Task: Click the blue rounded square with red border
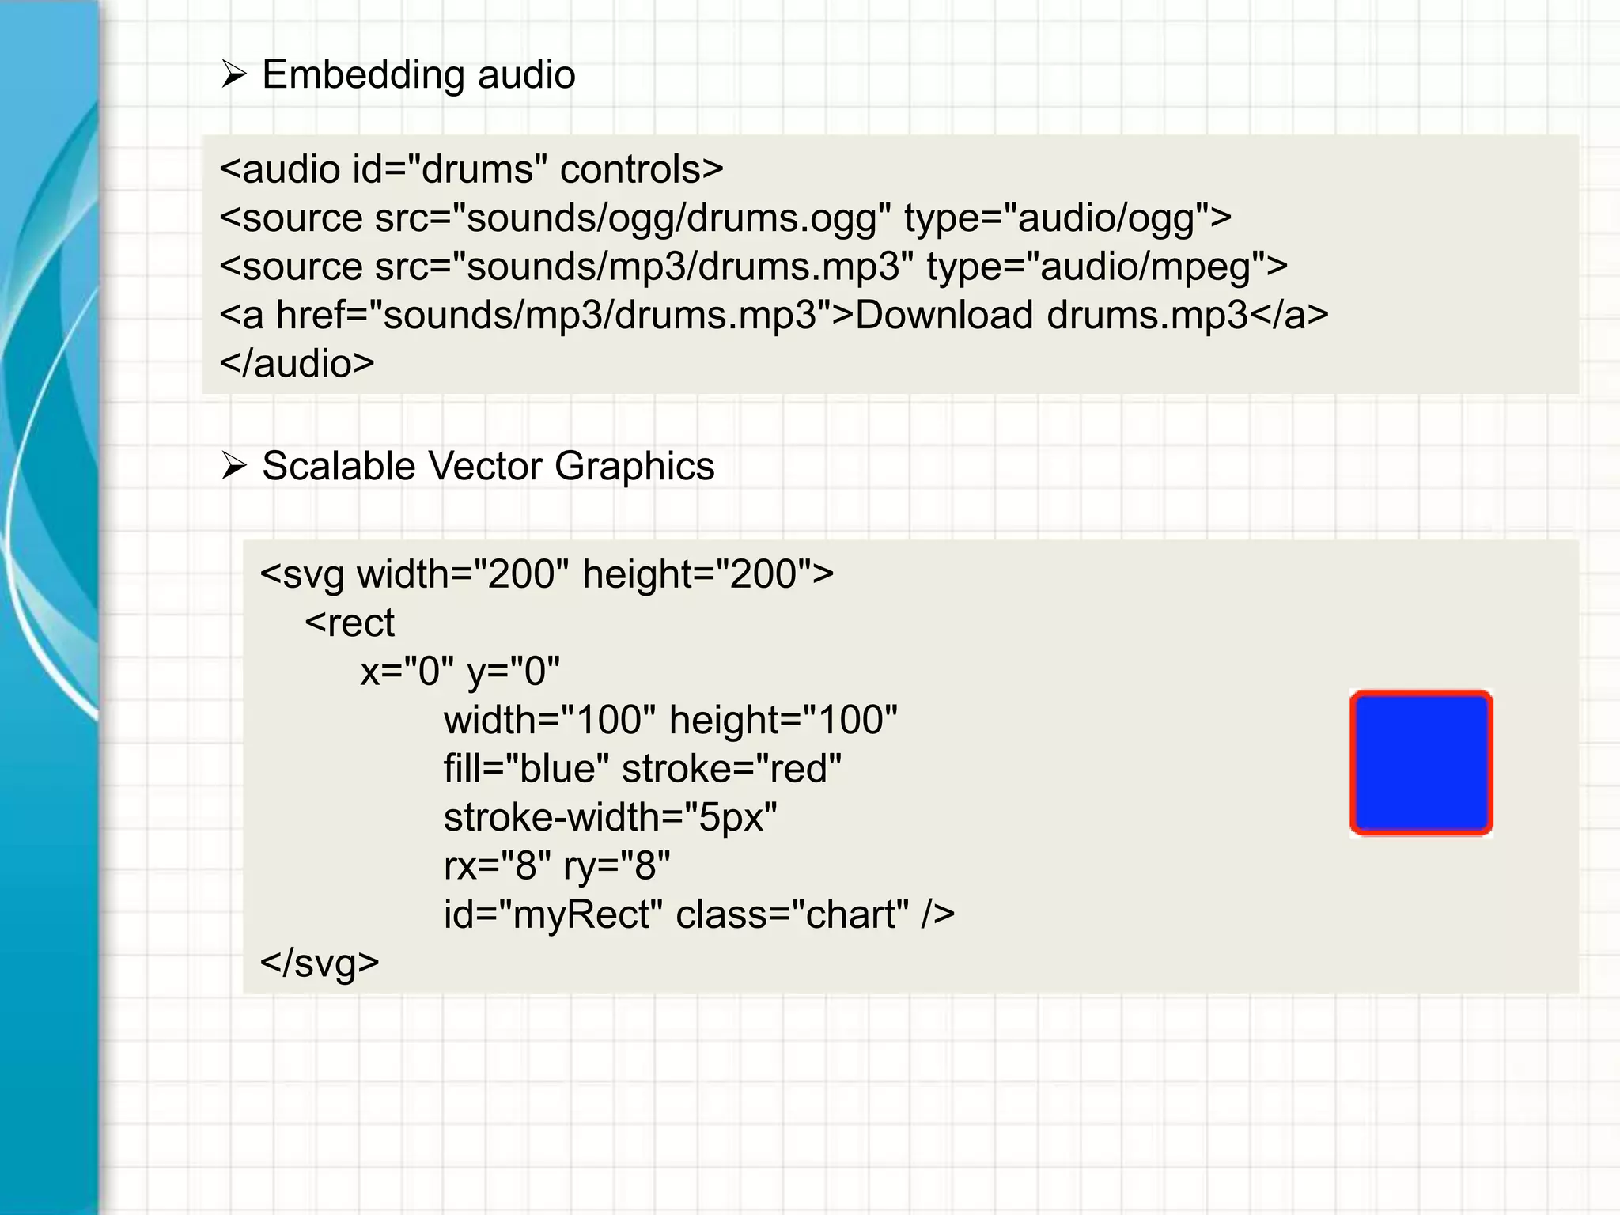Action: (x=1421, y=763)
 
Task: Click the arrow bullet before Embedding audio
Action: (x=234, y=74)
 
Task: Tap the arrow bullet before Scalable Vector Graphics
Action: (x=234, y=466)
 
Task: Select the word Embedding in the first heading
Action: (x=362, y=76)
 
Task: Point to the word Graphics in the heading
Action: (x=634, y=467)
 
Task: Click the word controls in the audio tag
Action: (x=641, y=169)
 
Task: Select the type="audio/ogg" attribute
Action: (x=1067, y=218)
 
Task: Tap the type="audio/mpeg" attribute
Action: (x=1107, y=267)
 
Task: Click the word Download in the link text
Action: (x=944, y=316)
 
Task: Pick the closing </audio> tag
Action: (x=297, y=364)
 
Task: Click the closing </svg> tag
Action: (x=320, y=963)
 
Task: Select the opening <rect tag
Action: (x=350, y=623)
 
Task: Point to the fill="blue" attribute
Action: (x=526, y=769)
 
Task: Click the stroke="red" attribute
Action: (x=732, y=769)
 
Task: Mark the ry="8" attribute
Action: (x=617, y=866)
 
